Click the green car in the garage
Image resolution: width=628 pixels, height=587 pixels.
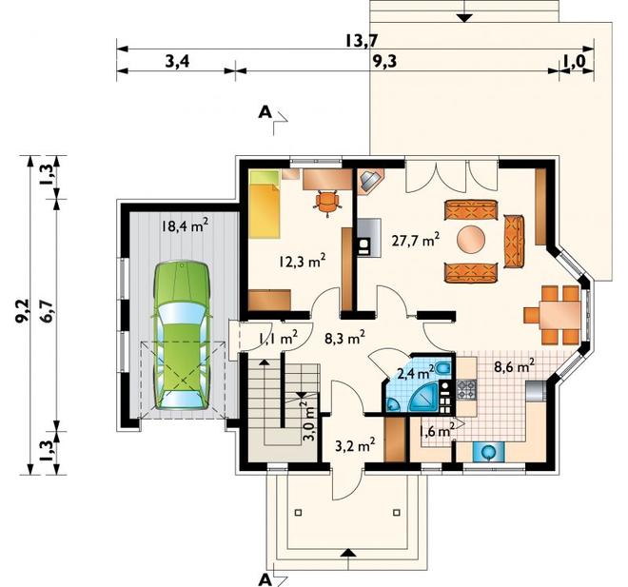coord(183,335)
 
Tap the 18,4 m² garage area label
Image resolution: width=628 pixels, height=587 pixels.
coord(185,225)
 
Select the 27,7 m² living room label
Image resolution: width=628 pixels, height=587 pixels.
coord(415,241)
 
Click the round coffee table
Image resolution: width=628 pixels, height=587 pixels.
coord(471,240)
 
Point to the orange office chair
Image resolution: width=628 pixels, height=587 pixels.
coord(327,202)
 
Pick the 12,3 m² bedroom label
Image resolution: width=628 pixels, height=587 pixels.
coord(302,263)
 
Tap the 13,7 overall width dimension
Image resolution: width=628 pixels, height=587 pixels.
coord(363,41)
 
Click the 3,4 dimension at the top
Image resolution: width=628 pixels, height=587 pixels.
coord(177,62)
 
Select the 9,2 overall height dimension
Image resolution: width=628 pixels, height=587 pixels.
coord(23,311)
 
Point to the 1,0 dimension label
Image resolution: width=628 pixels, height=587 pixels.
coord(575,62)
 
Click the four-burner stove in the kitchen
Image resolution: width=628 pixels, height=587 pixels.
coord(466,390)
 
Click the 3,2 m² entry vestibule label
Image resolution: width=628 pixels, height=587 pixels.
coord(355,445)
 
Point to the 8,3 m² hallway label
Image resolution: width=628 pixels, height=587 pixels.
coord(344,339)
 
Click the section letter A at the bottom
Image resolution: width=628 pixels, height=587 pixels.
coord(264,580)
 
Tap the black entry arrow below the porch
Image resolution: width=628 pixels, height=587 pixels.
coord(348,553)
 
